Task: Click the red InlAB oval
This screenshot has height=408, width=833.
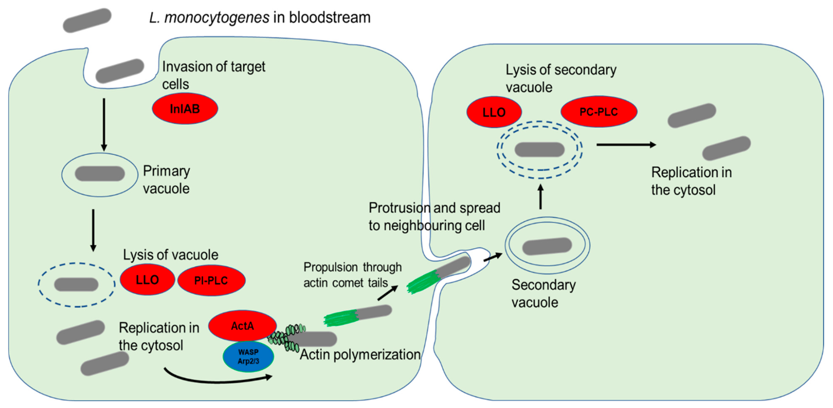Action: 185,109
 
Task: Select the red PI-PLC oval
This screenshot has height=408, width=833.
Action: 211,280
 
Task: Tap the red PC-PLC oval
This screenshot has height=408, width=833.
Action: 598,112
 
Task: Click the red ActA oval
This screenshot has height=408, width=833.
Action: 242,326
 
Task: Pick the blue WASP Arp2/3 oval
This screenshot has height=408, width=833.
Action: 248,356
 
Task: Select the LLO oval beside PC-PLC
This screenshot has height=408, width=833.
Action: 494,112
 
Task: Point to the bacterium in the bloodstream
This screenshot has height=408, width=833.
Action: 87,20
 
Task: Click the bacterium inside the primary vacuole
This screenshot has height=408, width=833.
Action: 100,174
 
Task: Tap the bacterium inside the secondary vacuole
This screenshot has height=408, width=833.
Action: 547,246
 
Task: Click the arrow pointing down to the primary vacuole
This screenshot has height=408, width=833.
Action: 104,125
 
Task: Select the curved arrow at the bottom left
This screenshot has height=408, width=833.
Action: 217,379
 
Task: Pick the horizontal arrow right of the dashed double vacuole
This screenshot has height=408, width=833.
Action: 626,145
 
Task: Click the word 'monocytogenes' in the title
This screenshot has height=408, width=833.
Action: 217,17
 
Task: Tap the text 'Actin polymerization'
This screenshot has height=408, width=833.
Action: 360,355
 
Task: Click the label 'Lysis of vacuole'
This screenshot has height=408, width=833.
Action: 170,255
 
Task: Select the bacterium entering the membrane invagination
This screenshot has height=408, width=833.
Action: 120,71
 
